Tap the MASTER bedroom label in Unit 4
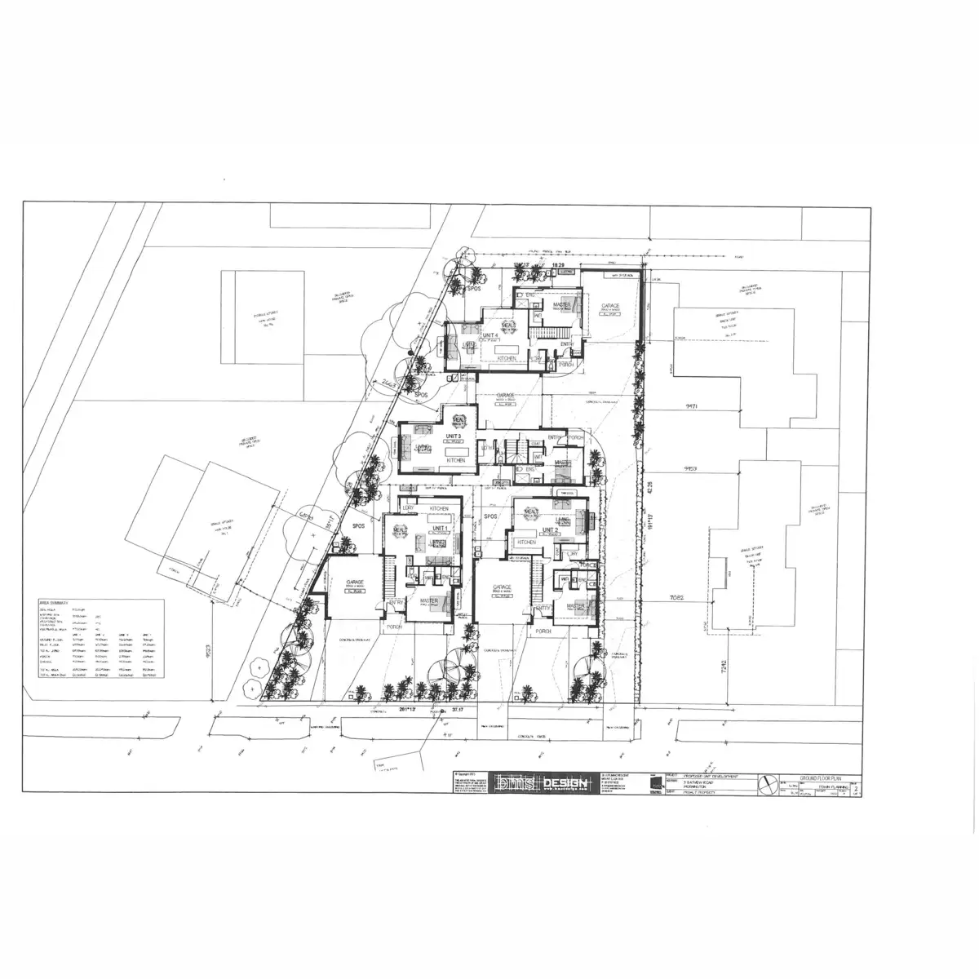(x=561, y=305)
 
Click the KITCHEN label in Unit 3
(x=455, y=461)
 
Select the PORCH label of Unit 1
(x=394, y=627)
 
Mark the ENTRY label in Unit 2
(x=544, y=607)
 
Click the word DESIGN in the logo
(x=565, y=784)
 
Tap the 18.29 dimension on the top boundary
(x=558, y=266)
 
